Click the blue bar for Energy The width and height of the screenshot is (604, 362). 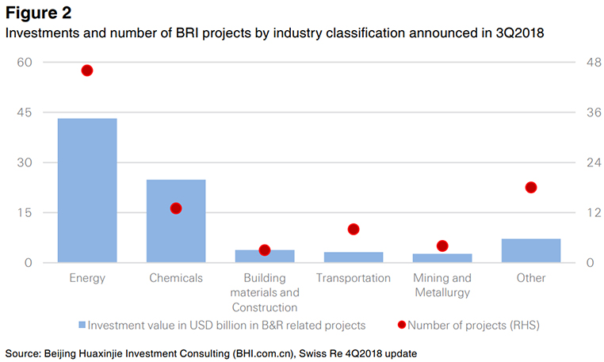pyautogui.click(x=87, y=190)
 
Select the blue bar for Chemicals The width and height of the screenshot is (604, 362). pyautogui.click(x=176, y=221)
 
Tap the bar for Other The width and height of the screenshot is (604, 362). pyautogui.click(x=531, y=250)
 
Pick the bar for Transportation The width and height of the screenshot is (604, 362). pyautogui.click(x=354, y=257)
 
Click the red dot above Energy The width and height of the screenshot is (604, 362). pyautogui.click(x=87, y=70)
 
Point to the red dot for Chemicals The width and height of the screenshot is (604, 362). pyautogui.click(x=176, y=208)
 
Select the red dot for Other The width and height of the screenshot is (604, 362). pyautogui.click(x=531, y=188)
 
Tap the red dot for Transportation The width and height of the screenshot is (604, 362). pyautogui.click(x=354, y=229)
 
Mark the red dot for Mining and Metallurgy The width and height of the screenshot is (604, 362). pyautogui.click(x=442, y=246)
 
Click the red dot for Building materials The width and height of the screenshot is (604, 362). pyautogui.click(x=265, y=250)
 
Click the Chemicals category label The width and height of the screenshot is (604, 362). pyautogui.click(x=176, y=278)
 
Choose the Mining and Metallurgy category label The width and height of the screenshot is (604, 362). pyautogui.click(x=442, y=285)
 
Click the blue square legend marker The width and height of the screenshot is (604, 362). pyautogui.click(x=82, y=325)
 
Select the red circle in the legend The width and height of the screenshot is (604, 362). pyautogui.click(x=401, y=325)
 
